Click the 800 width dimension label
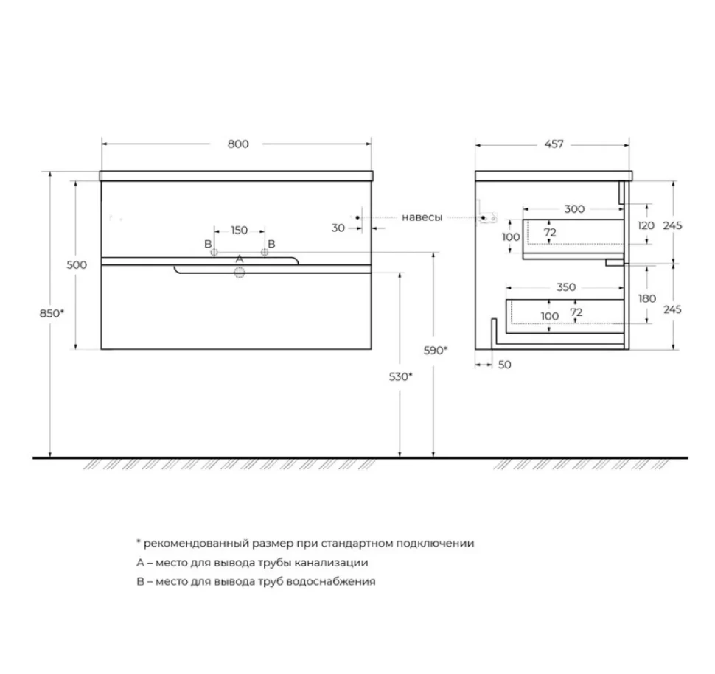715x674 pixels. pos(238,144)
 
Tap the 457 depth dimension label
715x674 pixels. pos(554,144)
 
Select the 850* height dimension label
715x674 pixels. pos(52,313)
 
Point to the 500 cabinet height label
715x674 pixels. pos(77,264)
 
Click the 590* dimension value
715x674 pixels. pos(436,351)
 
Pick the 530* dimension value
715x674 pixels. pos(400,376)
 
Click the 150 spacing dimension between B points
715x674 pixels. pos(240,230)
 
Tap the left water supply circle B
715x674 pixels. pos(214,252)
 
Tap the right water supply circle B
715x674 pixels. pos(265,252)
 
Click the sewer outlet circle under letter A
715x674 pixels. pos(240,273)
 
